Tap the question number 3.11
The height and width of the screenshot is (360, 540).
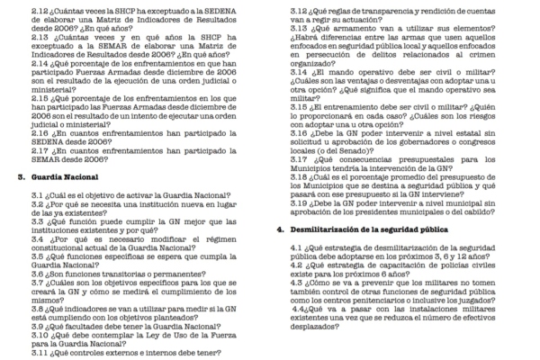[40, 352]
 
